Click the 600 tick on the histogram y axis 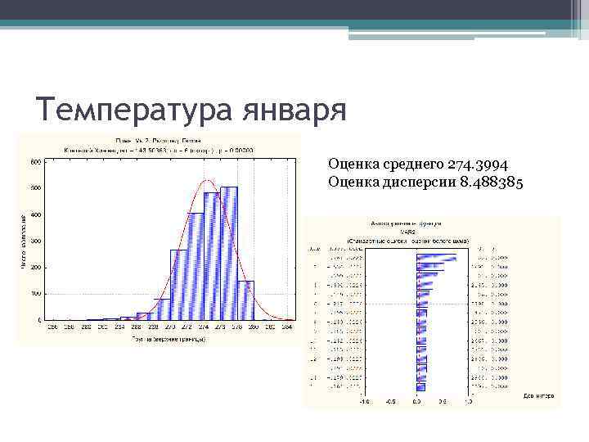(x=36, y=162)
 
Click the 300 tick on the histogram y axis (x=36, y=241)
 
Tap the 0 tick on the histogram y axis (x=39, y=319)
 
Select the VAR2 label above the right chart (x=417, y=232)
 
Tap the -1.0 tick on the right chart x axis (x=364, y=402)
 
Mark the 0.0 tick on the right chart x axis (x=416, y=402)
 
